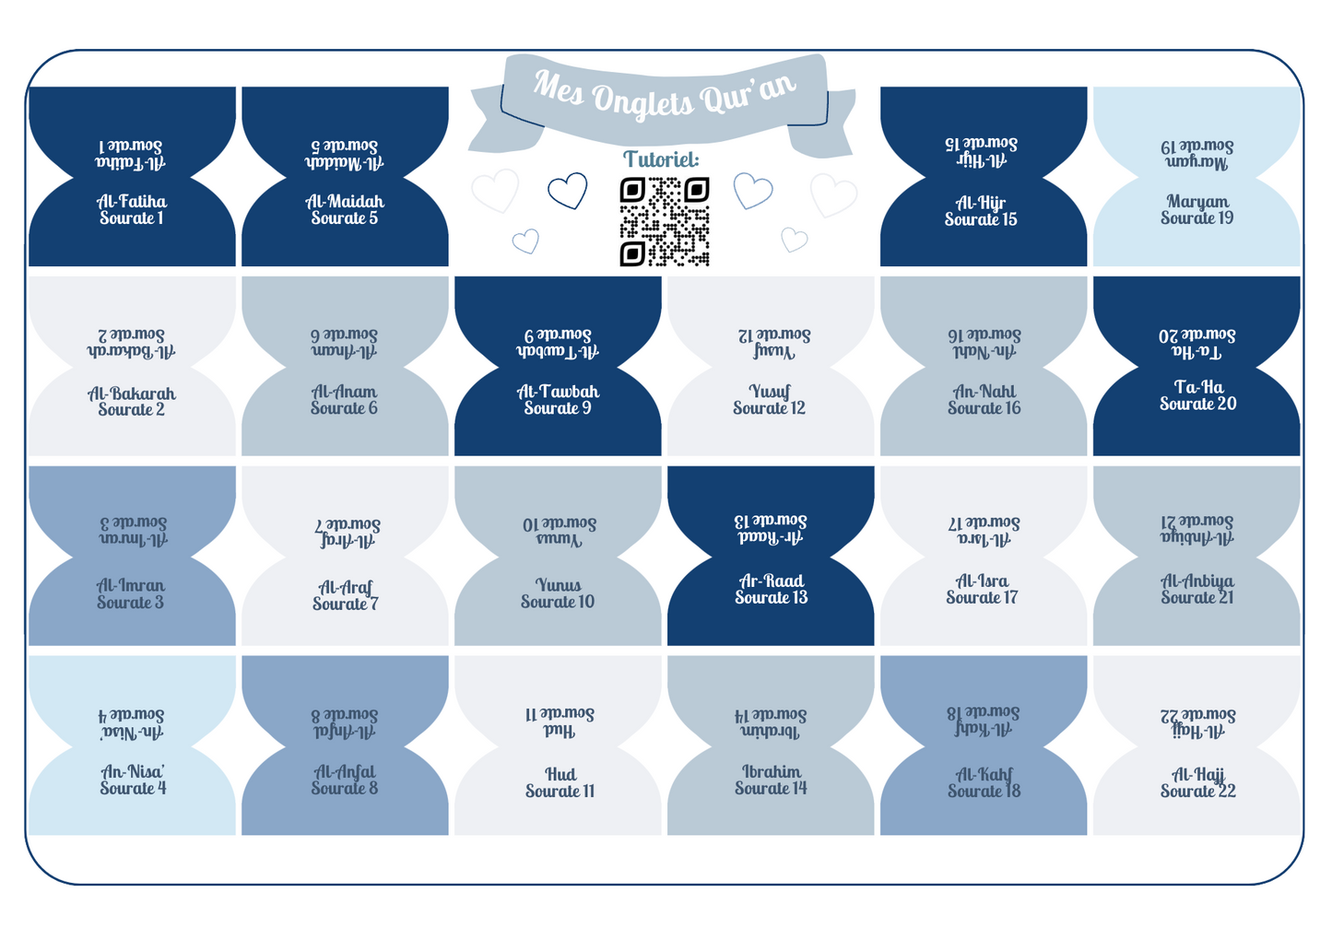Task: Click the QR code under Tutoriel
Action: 664,222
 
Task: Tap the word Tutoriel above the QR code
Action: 661,159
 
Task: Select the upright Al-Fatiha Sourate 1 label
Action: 132,210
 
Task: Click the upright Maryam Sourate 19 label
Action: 1196,210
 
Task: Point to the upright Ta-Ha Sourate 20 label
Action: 1197,395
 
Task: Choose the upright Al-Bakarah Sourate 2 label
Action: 132,402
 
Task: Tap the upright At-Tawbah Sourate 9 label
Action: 558,400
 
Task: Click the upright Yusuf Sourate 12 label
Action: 770,400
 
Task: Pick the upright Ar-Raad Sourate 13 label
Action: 771,590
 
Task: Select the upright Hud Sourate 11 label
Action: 560,783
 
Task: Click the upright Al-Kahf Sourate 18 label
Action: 984,782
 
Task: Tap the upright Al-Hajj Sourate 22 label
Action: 1197,783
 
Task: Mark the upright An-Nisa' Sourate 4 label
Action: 133,781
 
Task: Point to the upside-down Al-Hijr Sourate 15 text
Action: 981,152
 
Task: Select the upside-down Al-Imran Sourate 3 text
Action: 133,532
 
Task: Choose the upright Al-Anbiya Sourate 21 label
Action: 1196,590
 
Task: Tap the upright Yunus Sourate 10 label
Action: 558,593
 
